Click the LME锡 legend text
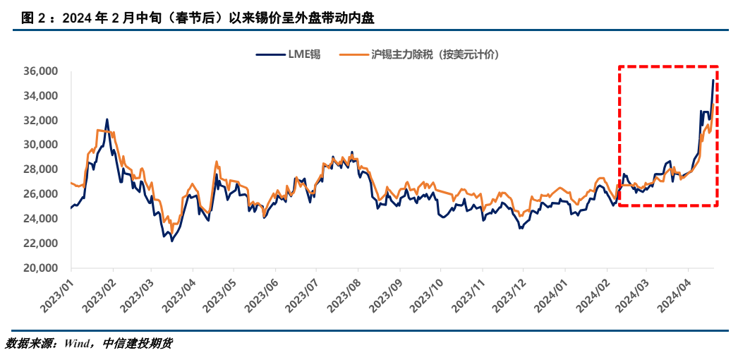click(x=303, y=54)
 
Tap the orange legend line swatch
click(x=354, y=54)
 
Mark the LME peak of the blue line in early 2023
click(x=107, y=119)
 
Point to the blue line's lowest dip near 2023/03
click(x=171, y=241)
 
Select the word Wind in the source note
click(x=78, y=344)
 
